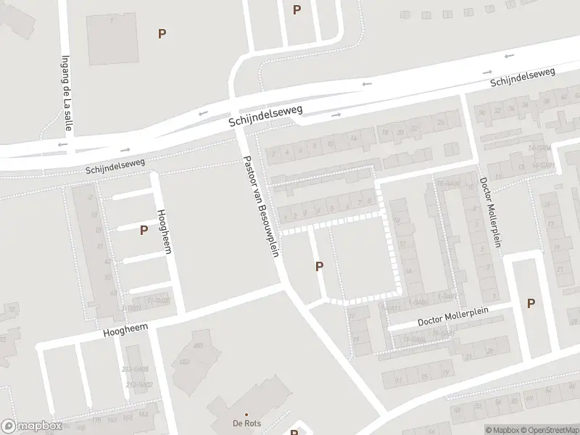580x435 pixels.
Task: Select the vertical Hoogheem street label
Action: point(164,231)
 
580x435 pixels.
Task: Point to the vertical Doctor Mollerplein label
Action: point(490,212)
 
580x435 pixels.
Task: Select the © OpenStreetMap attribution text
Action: point(548,430)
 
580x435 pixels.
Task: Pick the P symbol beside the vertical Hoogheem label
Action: point(144,230)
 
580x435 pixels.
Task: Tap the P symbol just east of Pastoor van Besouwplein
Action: point(319,267)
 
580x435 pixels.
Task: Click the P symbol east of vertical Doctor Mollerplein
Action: point(531,304)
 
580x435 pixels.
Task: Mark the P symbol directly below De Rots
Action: point(294,430)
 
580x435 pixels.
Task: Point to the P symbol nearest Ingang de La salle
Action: point(162,33)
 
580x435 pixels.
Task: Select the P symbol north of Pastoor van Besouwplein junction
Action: point(296,9)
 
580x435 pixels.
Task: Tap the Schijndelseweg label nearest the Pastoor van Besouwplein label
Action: point(265,116)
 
